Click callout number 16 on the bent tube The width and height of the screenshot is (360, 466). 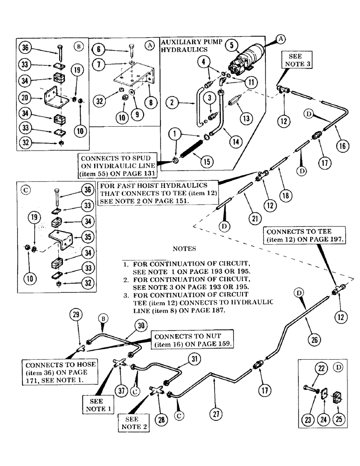point(341,145)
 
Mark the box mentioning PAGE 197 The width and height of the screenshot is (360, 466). point(304,236)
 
